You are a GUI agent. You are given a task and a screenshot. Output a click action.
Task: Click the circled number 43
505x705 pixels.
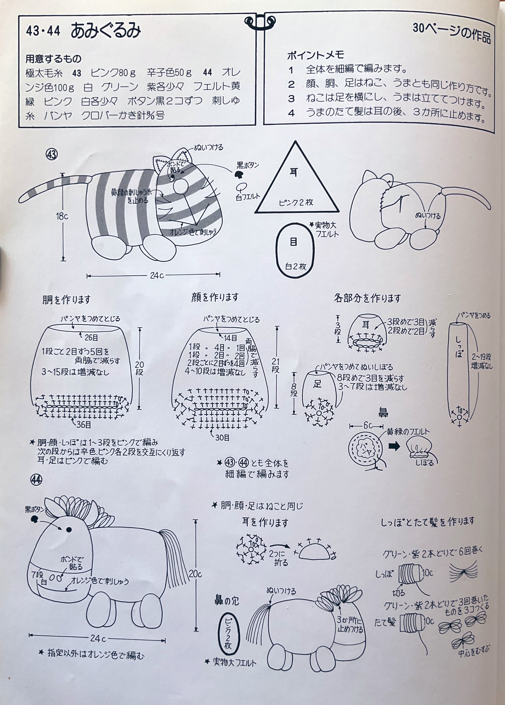click(52, 154)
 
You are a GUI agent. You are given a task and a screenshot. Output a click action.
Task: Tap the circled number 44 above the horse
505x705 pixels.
click(36, 480)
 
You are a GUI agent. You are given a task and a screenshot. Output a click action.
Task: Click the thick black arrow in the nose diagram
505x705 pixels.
click(394, 447)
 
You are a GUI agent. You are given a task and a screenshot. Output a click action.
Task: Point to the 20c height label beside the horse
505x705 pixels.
click(195, 574)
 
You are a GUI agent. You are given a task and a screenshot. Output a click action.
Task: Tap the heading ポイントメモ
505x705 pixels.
click(316, 55)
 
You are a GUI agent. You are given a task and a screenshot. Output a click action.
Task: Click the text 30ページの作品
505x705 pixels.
click(452, 33)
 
